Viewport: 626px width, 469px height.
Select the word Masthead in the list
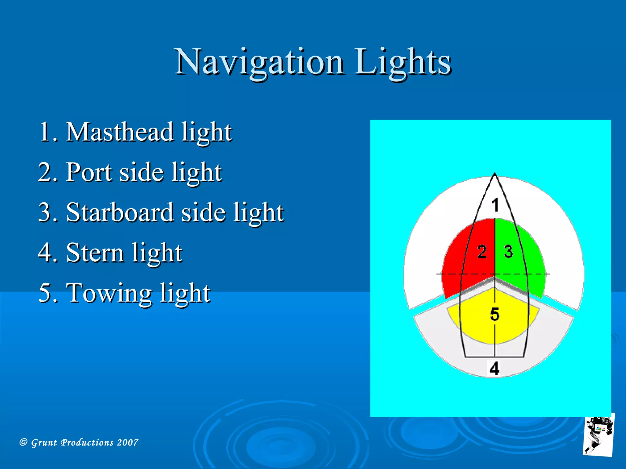click(119, 132)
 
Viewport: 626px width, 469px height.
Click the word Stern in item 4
click(95, 253)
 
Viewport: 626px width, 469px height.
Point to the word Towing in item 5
click(109, 293)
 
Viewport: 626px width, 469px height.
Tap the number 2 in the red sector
click(482, 252)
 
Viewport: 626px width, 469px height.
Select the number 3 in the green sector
click(508, 252)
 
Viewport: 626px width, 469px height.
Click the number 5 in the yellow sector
click(495, 314)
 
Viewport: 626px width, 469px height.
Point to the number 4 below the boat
click(494, 369)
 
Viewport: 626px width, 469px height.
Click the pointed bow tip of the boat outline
click(495, 174)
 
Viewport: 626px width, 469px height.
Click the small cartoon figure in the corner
click(598, 435)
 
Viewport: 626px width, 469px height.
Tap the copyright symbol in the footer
click(24, 442)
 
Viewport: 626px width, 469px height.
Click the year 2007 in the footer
click(127, 442)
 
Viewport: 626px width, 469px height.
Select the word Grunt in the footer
click(44, 442)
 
